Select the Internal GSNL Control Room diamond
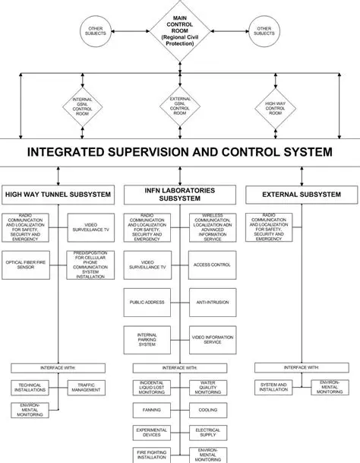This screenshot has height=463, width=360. point(83,106)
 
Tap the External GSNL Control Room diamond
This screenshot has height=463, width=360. point(179,106)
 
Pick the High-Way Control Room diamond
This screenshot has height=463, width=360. point(275,106)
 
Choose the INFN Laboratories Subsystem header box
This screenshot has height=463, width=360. point(179,195)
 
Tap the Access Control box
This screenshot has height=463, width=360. point(213,265)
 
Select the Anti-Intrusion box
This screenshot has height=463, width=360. point(213,302)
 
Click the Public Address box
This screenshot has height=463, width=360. point(147,302)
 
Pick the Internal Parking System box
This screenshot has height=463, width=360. point(147,338)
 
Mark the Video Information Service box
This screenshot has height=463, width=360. point(213,338)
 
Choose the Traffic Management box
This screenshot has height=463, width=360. point(86,388)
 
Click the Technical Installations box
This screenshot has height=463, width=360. point(30,387)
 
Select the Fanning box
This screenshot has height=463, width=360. point(147,409)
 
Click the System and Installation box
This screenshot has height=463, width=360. point(273,387)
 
